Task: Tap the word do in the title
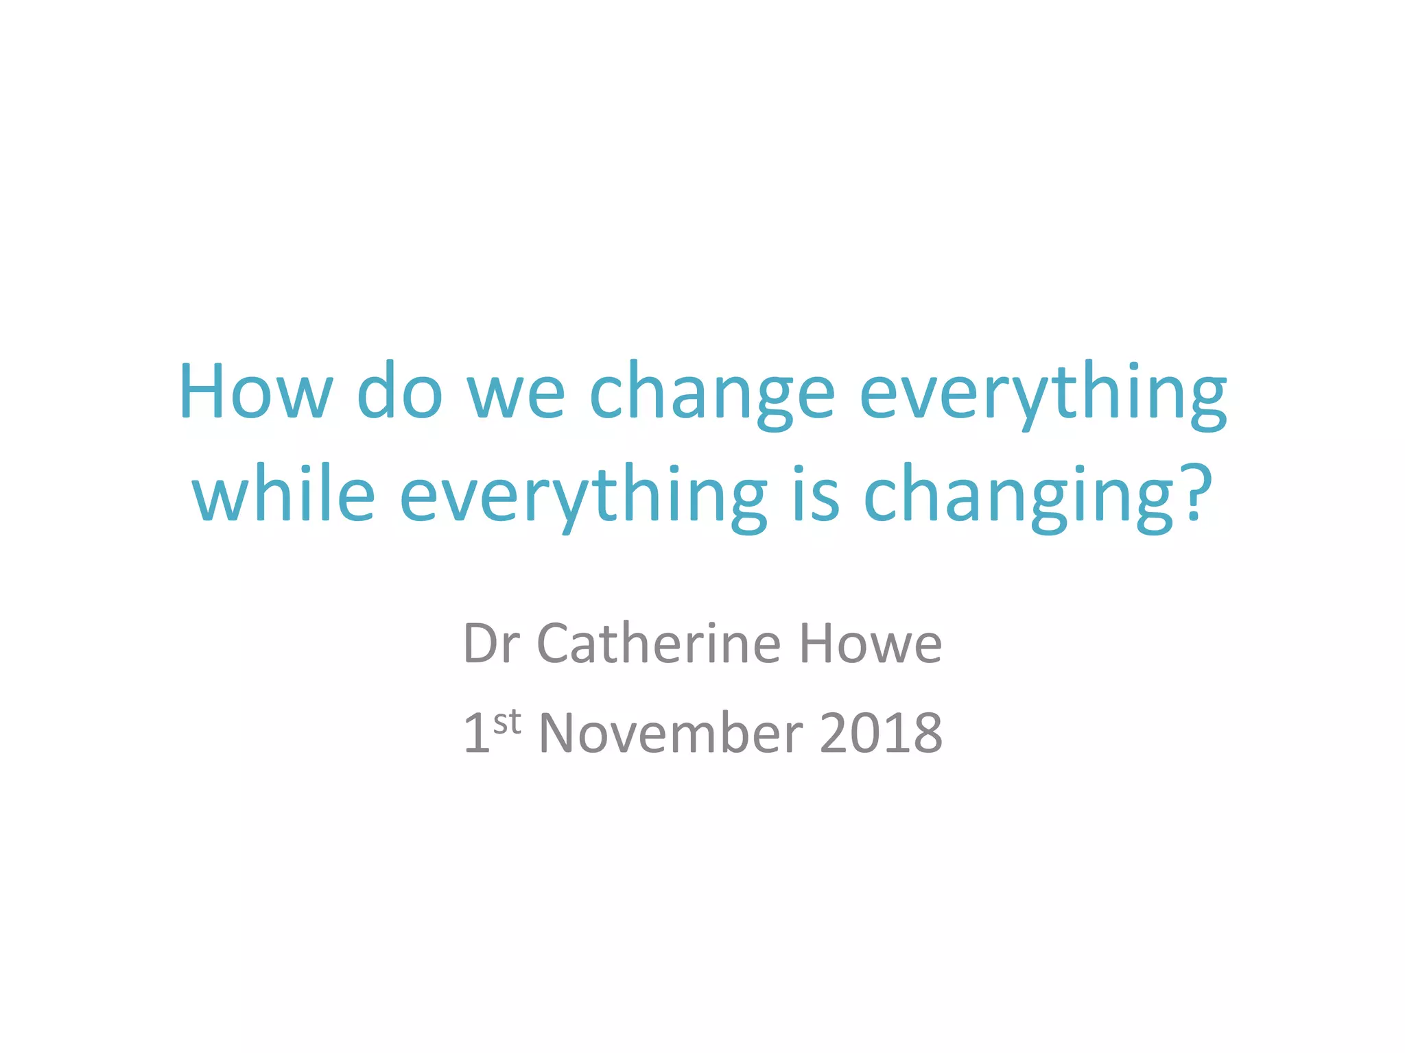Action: tap(399, 391)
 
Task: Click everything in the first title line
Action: tap(1043, 394)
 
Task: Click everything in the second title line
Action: tap(583, 497)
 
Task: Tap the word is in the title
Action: tap(816, 494)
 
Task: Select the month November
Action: tap(671, 733)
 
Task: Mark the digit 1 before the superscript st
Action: tap(477, 733)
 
